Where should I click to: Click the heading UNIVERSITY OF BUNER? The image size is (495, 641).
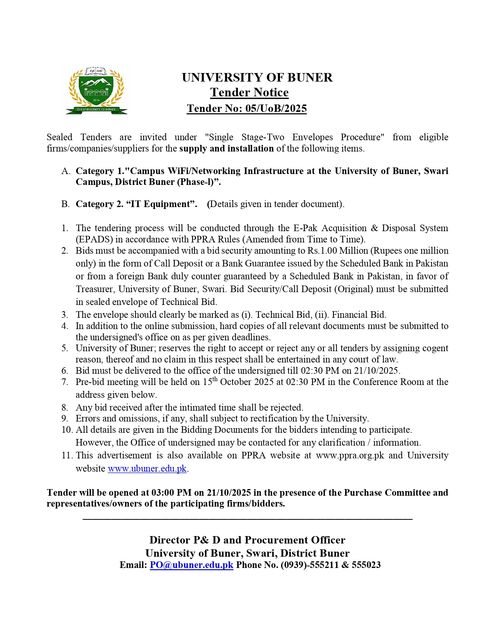(257, 77)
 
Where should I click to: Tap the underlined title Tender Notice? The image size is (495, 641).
(249, 92)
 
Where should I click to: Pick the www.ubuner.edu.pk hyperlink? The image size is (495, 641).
(147, 469)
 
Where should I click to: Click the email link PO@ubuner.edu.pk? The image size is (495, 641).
(191, 565)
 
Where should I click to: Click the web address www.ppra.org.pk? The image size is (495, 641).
(350, 455)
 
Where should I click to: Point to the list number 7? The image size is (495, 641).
(65, 382)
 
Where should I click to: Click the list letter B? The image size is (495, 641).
(65, 204)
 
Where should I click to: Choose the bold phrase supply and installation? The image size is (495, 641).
(226, 148)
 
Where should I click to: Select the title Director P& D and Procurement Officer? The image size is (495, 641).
(247, 540)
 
